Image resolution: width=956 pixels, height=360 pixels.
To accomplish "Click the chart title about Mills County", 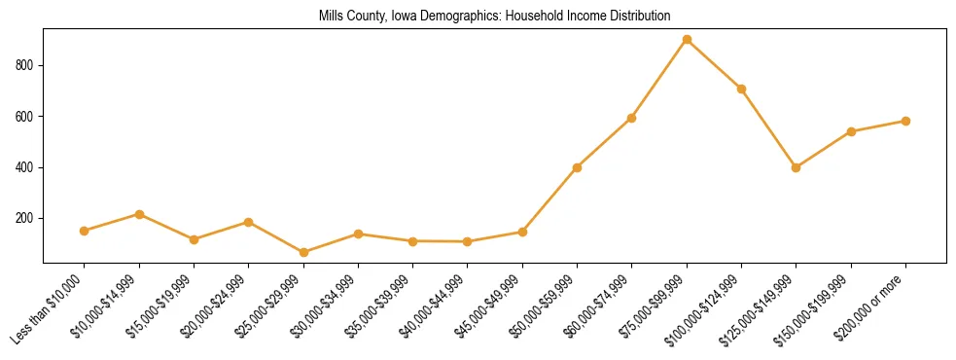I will point(494,17).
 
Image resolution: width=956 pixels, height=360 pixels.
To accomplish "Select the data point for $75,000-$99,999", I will point(687,40).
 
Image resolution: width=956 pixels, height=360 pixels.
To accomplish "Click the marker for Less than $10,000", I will point(85,231).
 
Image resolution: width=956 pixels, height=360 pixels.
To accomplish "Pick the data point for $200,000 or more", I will point(905,122).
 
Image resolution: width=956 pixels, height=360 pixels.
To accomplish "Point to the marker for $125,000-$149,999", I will point(797,167).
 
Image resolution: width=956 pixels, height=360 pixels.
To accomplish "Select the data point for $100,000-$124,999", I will point(741,89).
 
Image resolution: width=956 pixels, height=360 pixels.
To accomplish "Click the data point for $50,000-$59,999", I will point(577,167).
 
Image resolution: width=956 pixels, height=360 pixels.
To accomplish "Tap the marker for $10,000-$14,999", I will point(139,214).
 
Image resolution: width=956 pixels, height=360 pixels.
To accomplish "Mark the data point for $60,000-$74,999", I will point(632,118).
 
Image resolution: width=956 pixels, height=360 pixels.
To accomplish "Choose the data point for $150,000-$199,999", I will point(851,131).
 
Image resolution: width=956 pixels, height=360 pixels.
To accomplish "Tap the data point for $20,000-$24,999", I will point(249,223).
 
